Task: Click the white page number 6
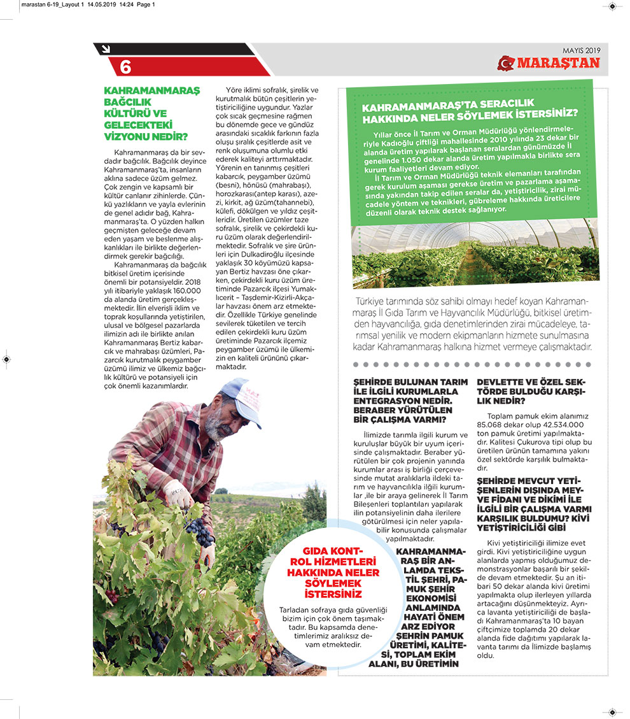point(125,66)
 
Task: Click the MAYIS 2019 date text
point(581,50)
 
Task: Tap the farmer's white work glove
point(178,493)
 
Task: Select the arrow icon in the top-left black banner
point(104,48)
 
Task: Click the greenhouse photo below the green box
point(475,251)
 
